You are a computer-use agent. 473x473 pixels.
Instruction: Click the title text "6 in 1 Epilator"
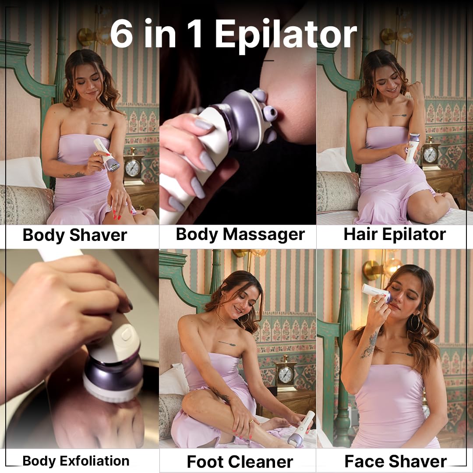click(233, 34)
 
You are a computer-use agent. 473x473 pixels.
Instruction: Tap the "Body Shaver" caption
click(74, 235)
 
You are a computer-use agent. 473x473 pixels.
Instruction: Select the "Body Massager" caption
click(240, 234)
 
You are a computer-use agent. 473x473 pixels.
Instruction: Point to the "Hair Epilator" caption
click(394, 234)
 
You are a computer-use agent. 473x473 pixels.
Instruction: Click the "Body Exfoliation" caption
click(76, 461)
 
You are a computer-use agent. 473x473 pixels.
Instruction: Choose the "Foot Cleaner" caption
click(240, 462)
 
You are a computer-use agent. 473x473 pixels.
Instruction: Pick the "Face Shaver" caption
click(395, 461)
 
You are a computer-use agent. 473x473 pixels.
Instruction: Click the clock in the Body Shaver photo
click(133, 167)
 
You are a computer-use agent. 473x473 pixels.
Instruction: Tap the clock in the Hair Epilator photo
click(431, 154)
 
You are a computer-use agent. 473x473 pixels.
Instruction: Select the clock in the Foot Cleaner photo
click(286, 374)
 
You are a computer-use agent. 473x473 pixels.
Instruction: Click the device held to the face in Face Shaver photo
click(377, 293)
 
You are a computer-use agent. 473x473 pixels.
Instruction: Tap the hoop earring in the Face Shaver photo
click(414, 323)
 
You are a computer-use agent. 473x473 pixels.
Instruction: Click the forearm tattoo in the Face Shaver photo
click(371, 344)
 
